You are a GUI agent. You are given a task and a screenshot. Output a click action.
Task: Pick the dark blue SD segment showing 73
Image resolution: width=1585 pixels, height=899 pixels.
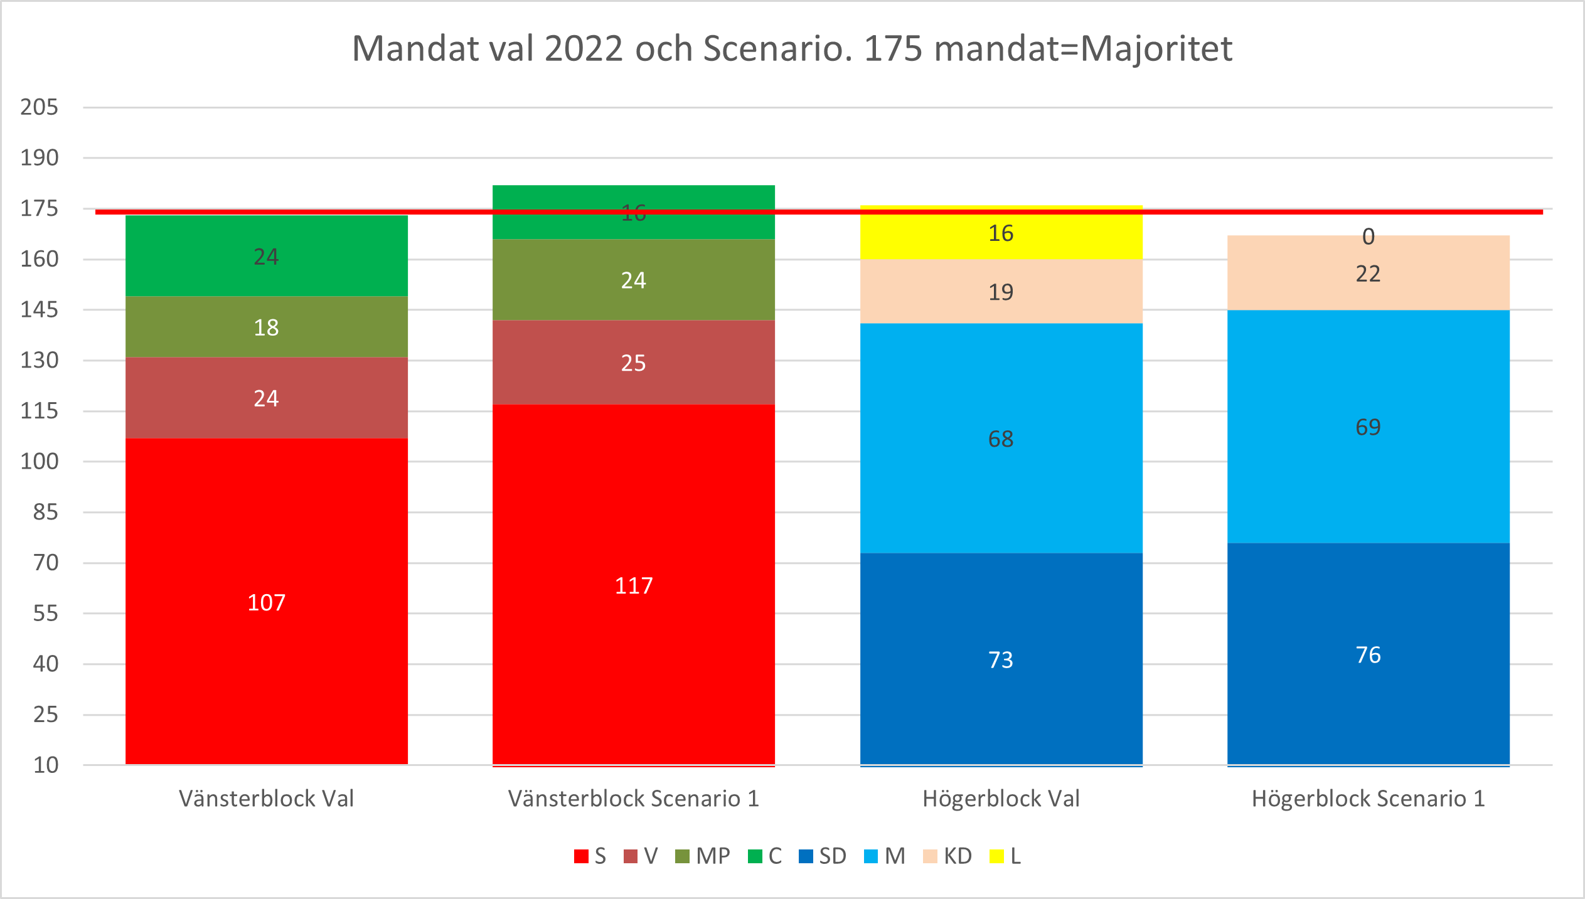click(1001, 659)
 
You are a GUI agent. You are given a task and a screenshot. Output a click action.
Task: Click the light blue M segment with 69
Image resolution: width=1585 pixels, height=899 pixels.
click(1368, 427)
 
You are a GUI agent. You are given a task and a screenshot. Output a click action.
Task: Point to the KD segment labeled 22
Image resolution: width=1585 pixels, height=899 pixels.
click(1368, 274)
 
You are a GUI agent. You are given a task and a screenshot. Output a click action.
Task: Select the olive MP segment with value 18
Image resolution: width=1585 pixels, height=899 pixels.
click(266, 327)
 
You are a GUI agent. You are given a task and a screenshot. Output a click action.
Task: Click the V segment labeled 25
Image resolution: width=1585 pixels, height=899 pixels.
click(633, 362)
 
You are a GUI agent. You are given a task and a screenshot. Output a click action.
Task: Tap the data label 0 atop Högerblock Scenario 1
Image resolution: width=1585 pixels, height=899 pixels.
click(1368, 237)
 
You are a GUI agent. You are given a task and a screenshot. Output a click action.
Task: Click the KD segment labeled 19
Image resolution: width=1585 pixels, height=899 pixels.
click(1001, 292)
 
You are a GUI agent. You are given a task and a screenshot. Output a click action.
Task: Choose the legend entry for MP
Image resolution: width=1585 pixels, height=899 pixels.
click(703, 856)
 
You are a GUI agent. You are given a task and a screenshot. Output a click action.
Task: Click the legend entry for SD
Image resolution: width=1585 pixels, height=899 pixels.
click(823, 856)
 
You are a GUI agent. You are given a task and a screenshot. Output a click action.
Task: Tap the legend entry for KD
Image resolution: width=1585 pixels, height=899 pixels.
click(948, 856)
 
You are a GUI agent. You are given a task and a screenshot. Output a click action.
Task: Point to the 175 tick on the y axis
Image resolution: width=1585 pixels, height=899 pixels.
click(40, 208)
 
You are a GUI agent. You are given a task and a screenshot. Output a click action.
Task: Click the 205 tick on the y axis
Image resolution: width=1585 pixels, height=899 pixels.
click(40, 107)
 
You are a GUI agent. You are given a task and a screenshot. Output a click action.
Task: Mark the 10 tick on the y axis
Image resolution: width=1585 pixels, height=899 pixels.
click(46, 765)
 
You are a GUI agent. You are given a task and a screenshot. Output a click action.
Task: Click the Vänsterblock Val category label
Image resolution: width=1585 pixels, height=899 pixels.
click(266, 798)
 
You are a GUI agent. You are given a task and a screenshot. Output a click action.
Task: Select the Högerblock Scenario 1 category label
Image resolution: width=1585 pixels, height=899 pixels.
click(1368, 798)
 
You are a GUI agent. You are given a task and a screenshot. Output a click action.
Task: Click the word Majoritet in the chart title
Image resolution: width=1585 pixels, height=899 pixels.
click(1156, 48)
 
